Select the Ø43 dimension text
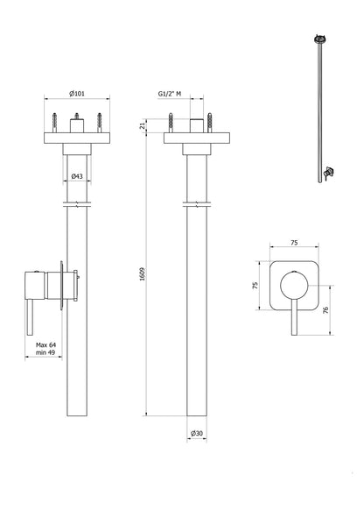click(x=76, y=177)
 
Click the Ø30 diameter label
click(x=197, y=433)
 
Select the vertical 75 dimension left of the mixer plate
click(x=255, y=285)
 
